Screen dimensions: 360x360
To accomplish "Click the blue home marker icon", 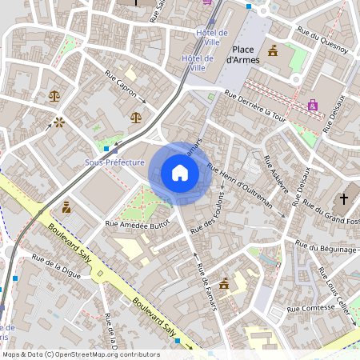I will [x=179, y=172].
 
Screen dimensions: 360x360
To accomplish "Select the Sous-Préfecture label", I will [x=114, y=162].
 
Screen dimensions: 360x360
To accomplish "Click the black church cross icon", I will [x=345, y=198].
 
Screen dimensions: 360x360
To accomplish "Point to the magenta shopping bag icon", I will [x=312, y=105].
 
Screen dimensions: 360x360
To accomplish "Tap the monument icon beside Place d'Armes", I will [x=274, y=51].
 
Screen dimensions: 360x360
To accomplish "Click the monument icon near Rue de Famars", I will [x=225, y=283].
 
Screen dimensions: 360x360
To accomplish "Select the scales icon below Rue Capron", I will [x=135, y=118].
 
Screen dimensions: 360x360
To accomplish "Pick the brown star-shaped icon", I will [x=58, y=122].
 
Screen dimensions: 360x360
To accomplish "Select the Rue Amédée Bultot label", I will [x=138, y=224].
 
